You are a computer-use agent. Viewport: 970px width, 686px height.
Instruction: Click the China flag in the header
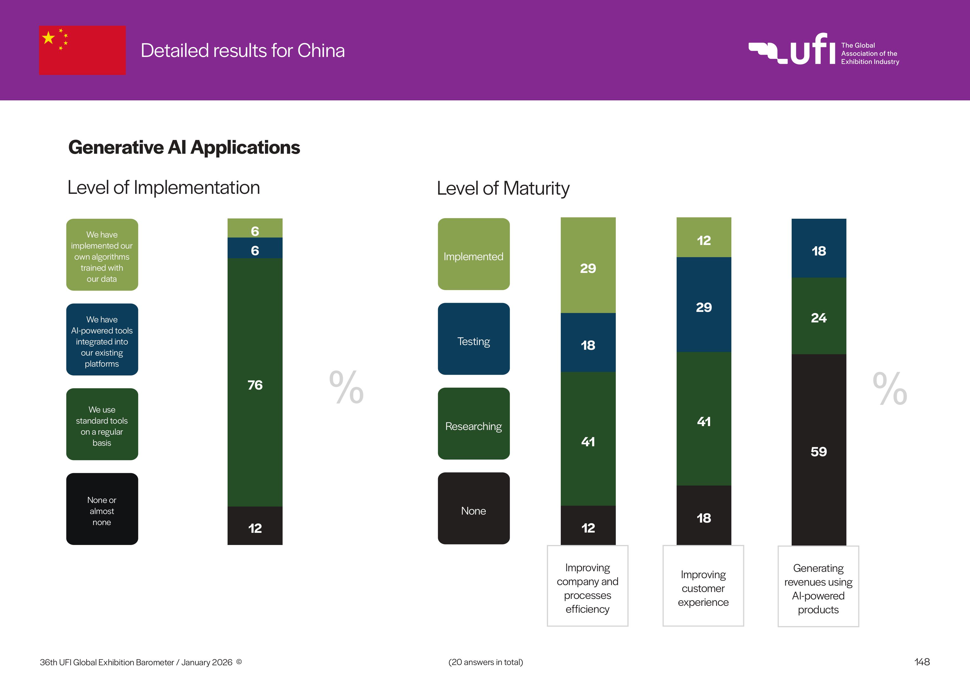tap(82, 50)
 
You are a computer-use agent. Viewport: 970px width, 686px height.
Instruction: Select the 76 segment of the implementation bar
tap(255, 382)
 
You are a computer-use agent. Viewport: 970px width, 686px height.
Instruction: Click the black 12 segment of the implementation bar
tap(255, 526)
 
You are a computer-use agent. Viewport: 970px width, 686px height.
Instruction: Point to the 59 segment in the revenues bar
tap(818, 450)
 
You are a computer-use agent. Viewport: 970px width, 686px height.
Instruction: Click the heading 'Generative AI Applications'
tap(184, 147)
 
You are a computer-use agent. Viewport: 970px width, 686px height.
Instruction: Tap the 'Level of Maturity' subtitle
tap(503, 188)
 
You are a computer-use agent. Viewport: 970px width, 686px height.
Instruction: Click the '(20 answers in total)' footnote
tap(486, 662)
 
